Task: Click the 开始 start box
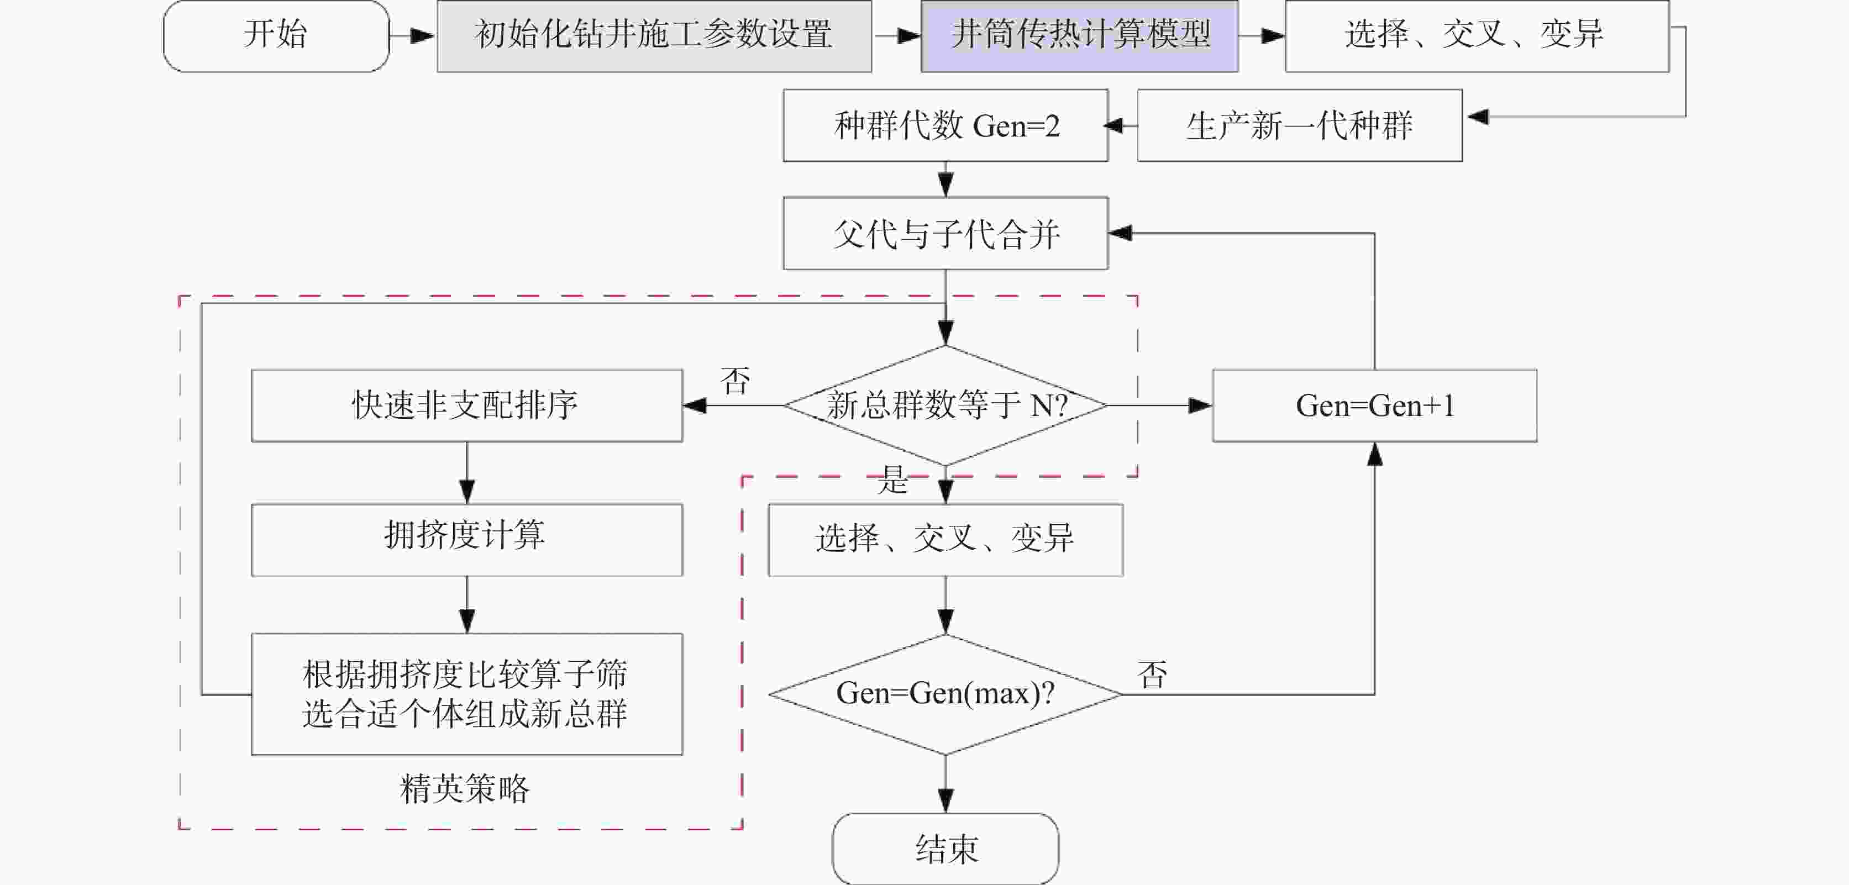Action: (x=276, y=36)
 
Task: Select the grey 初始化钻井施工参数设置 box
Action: (x=654, y=36)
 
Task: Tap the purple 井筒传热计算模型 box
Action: (x=1080, y=36)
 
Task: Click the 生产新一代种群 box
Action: (x=1300, y=125)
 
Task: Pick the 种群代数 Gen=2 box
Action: (x=945, y=125)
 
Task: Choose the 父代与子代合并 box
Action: (x=945, y=233)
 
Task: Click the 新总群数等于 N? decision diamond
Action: (x=945, y=405)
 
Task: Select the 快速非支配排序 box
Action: (x=466, y=405)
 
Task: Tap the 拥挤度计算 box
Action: (x=466, y=540)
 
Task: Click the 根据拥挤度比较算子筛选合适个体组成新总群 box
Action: (x=466, y=694)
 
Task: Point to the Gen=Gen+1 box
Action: (x=1374, y=405)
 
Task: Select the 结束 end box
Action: (x=945, y=849)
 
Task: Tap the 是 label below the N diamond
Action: (x=893, y=480)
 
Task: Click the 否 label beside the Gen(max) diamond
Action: (x=1153, y=675)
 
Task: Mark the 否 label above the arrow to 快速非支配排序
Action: (x=736, y=381)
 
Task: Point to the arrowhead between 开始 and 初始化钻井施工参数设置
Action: (x=422, y=35)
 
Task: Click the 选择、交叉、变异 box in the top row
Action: (x=1477, y=36)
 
